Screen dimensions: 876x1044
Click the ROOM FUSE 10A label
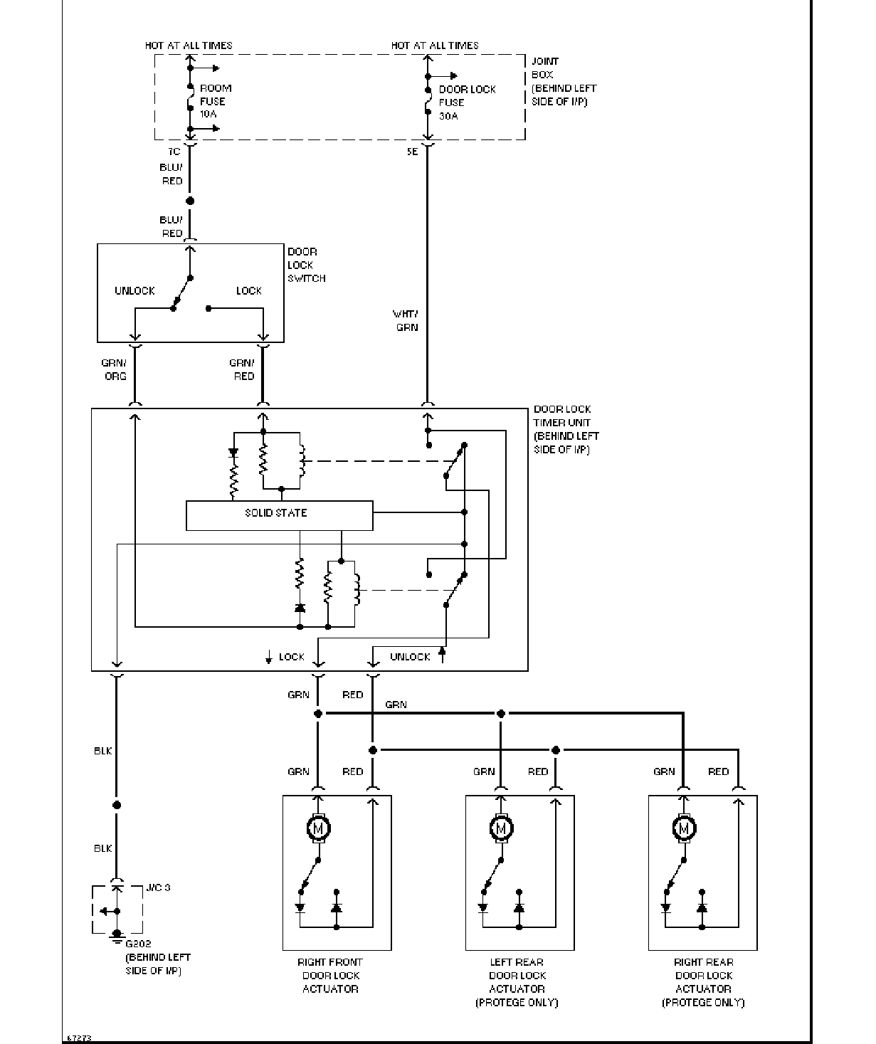[x=216, y=101]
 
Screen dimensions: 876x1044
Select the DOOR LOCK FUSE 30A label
[x=467, y=102]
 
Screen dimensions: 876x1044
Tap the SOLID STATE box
[x=280, y=515]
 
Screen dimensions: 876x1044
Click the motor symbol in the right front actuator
[x=318, y=828]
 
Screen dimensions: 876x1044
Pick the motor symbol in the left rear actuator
[x=501, y=828]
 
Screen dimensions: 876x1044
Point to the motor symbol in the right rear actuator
[x=684, y=828]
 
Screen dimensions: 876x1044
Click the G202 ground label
[x=138, y=944]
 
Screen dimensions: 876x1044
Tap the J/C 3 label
[x=158, y=887]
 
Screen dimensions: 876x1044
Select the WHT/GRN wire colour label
[x=406, y=320]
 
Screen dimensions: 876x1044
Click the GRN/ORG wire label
[x=114, y=369]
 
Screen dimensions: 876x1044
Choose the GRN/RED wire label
[x=242, y=369]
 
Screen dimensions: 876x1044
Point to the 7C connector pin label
[x=174, y=152]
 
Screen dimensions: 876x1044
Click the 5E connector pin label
[x=412, y=152]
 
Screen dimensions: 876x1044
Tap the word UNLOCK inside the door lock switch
[x=134, y=291]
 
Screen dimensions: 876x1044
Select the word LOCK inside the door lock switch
[x=249, y=291]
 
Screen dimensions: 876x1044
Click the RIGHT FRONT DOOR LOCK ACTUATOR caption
[x=330, y=976]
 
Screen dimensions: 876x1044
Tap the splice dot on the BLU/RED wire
[x=190, y=201]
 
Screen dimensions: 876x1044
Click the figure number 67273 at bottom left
[x=79, y=1038]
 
